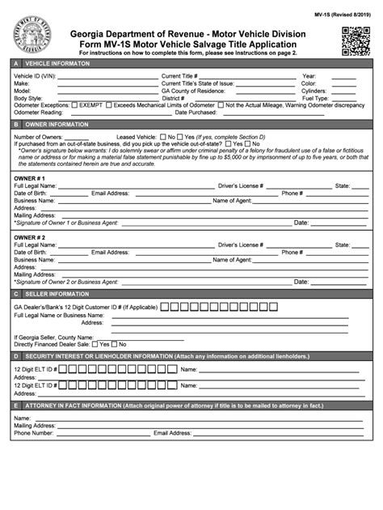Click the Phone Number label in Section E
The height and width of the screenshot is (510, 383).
(33, 433)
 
